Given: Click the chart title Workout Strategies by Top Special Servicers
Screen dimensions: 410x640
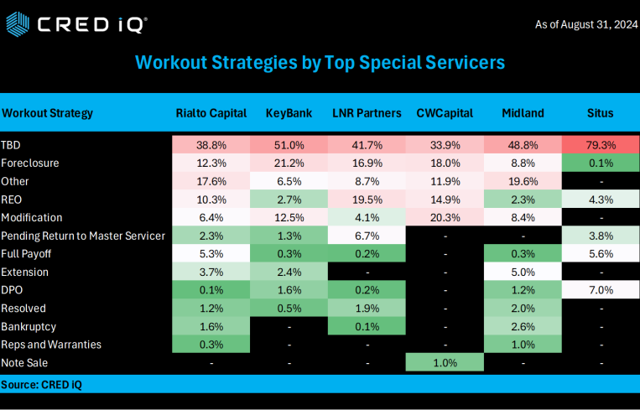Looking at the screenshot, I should [320, 63].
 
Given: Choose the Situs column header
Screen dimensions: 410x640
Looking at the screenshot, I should [601, 113].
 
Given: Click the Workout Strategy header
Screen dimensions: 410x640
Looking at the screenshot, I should [48, 113].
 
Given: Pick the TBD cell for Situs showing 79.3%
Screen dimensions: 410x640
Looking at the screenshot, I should [601, 144].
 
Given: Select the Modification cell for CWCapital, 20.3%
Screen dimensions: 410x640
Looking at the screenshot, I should [445, 217].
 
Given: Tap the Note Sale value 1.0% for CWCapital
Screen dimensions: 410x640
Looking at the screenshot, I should [445, 363].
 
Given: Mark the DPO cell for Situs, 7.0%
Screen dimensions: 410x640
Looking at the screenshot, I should [601, 290].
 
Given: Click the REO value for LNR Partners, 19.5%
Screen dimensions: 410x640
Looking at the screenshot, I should [367, 199].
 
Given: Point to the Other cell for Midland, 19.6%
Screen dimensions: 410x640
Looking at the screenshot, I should [523, 181].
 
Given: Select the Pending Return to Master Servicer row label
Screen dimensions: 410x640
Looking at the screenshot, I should [83, 236].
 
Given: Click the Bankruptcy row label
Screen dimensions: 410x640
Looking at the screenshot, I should [29, 326].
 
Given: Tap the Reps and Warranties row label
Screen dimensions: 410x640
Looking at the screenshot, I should [51, 345].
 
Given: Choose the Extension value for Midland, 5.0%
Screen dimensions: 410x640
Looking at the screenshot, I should [523, 272].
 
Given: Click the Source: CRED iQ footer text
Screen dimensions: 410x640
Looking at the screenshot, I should [41, 384].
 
